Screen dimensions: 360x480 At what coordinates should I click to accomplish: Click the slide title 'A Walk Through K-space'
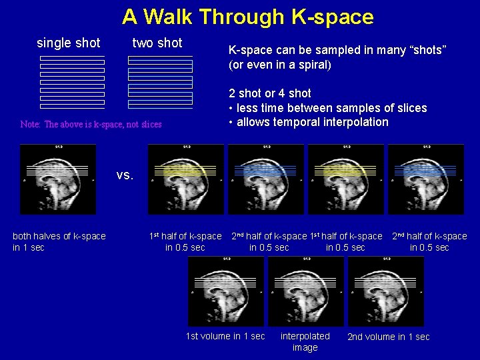tap(247, 17)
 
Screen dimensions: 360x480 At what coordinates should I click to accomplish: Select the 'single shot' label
tap(69, 43)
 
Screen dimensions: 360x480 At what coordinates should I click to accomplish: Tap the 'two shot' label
tap(157, 43)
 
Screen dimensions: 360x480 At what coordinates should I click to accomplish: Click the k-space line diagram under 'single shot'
tap(72, 82)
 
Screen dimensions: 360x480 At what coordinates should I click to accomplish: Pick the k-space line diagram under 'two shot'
tap(160, 82)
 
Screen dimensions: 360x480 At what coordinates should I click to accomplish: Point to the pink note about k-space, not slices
tap(91, 125)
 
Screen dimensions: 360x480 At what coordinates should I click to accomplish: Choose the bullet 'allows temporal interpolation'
tap(308, 122)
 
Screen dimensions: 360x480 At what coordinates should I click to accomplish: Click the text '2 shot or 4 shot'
tap(270, 93)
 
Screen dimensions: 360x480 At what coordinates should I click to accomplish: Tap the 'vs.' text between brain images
tap(125, 175)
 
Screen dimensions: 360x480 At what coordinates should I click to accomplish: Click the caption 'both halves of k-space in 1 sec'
tap(59, 241)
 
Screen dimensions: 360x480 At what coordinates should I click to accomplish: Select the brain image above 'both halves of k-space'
tap(58, 179)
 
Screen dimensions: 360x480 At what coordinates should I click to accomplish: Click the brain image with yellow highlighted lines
tap(186, 179)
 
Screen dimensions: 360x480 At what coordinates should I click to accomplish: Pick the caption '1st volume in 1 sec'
tap(225, 336)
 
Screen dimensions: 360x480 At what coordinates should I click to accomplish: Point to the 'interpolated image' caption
tap(305, 341)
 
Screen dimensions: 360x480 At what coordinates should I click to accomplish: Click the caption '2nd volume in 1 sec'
tap(388, 337)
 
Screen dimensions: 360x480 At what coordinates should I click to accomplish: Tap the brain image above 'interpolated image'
tap(306, 291)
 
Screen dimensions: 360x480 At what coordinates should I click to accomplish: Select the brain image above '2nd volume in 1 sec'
tap(386, 291)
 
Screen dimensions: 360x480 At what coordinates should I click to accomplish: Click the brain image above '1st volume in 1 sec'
tap(226, 291)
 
